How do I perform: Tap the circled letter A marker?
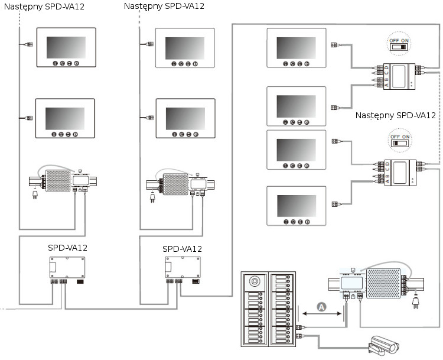coord(321,306)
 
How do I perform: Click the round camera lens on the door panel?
coord(256,281)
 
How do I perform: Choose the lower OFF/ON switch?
coord(399,142)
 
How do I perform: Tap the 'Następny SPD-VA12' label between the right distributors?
coord(396,115)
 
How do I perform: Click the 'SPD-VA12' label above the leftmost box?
coord(67,248)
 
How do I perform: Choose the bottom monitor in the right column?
coord(296,205)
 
